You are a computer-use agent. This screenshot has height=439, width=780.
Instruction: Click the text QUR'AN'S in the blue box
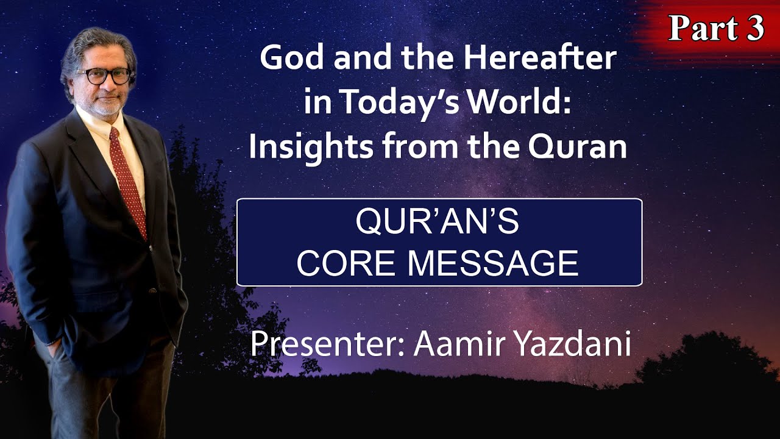click(x=438, y=224)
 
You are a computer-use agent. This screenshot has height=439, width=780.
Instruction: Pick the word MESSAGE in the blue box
click(x=492, y=263)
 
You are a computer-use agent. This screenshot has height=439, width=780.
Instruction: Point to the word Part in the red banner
click(x=701, y=29)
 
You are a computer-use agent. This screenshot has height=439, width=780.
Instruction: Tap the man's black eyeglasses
click(x=104, y=76)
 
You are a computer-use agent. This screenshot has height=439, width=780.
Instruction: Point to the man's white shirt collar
click(x=91, y=119)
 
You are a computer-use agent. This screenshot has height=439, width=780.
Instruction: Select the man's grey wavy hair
click(x=91, y=46)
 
